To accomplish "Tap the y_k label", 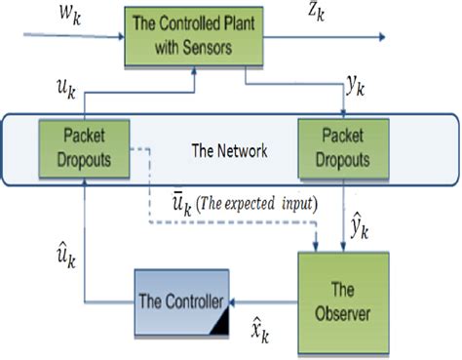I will (x=360, y=89).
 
